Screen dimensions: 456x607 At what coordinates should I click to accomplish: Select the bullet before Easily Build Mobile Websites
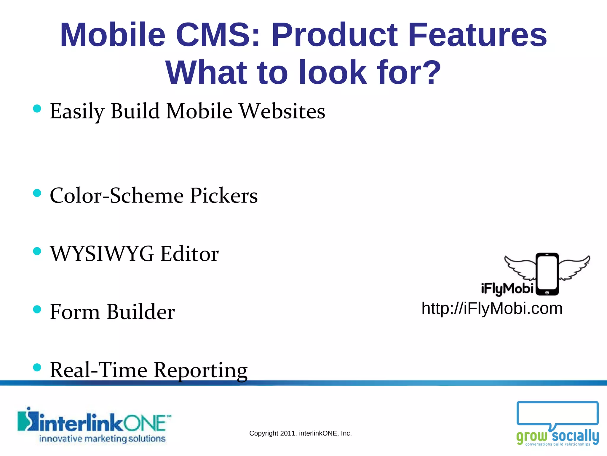(37, 109)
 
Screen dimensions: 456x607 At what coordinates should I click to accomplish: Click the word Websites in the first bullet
(282, 111)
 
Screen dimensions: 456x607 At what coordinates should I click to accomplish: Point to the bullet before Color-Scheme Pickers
(37, 193)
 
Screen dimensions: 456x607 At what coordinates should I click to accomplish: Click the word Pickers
(224, 196)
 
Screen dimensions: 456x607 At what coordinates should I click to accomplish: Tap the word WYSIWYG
(102, 254)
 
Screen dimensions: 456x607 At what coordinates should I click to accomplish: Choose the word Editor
(189, 254)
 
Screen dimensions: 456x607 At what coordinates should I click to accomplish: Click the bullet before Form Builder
(37, 310)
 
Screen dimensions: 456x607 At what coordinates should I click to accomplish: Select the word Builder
(140, 312)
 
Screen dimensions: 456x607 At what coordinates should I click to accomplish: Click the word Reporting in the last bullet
(201, 370)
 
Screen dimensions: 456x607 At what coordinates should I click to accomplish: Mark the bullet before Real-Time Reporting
(37, 368)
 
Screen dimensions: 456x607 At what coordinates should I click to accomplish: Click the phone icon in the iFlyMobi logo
(547, 274)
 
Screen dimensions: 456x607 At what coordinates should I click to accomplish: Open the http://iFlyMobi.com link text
(492, 308)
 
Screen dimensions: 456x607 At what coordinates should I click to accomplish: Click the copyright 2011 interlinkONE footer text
(300, 433)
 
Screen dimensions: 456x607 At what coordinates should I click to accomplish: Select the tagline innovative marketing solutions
(102, 439)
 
